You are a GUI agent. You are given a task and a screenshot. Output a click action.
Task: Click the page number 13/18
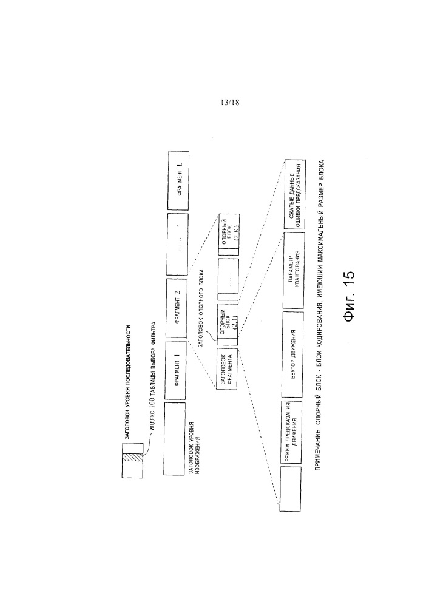coord(231,102)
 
